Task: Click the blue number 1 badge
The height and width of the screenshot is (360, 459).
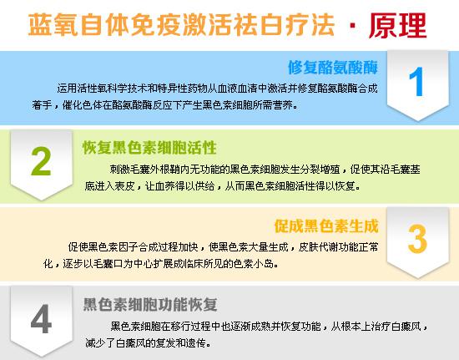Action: (418, 81)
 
